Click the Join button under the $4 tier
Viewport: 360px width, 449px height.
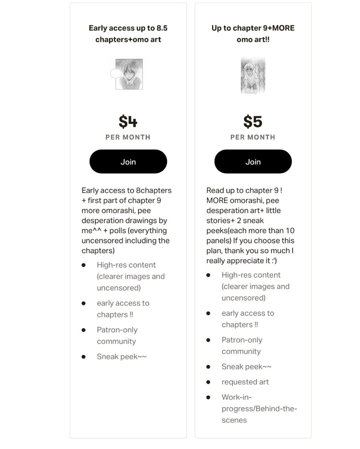pos(128,162)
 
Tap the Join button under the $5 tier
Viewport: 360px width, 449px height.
pos(253,162)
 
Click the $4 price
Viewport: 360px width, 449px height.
pos(128,121)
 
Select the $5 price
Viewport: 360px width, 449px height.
pos(253,121)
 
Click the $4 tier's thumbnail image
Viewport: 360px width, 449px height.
pos(129,74)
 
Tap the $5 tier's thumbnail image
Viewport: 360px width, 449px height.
pos(253,75)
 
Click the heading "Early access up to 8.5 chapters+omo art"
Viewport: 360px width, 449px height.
pos(128,34)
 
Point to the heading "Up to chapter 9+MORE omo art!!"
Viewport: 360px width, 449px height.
pos(253,34)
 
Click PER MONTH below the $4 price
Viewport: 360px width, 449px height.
pos(128,137)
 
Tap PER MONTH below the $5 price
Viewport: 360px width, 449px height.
pos(253,137)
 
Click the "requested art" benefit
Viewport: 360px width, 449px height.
pos(245,382)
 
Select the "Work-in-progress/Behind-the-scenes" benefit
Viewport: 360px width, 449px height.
pos(259,409)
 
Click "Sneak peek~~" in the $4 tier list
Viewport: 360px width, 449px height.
pos(121,357)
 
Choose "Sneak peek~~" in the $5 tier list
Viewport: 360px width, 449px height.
pos(247,367)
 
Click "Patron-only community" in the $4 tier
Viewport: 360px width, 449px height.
pos(117,336)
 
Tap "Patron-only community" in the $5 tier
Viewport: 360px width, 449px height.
pos(242,346)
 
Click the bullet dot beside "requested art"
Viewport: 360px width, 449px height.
pos(208,382)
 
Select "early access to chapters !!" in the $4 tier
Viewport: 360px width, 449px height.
pos(123,309)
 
